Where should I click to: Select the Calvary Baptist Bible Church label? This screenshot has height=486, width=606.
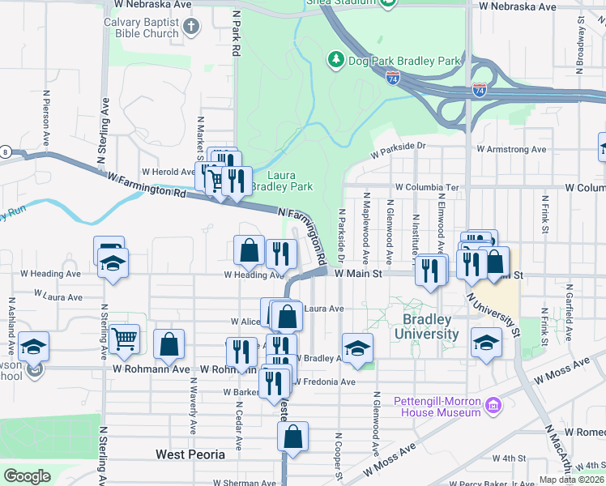140,28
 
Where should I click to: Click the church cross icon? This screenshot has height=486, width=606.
191,28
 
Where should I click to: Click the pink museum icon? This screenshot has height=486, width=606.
493,404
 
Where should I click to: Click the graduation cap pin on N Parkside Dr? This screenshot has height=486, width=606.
357,347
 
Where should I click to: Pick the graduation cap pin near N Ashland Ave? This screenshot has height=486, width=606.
33,347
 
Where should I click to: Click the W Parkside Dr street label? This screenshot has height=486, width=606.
398,151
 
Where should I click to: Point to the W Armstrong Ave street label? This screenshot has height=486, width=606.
511,149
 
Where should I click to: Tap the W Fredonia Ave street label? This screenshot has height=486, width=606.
326,382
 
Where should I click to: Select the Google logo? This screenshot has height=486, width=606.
27,476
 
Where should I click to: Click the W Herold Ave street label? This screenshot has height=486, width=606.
168,172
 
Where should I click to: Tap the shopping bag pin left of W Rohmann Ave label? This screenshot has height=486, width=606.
169,343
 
